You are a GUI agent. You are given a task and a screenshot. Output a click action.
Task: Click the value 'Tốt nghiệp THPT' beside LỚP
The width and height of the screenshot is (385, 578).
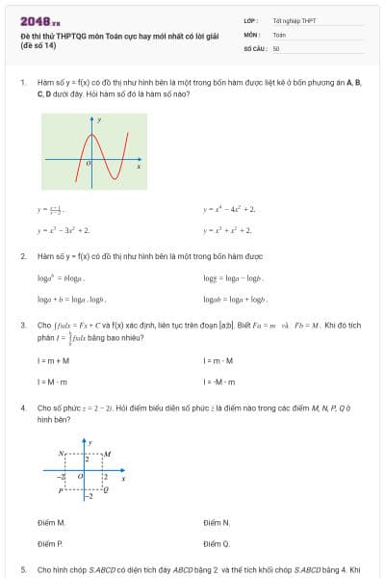tap(294, 20)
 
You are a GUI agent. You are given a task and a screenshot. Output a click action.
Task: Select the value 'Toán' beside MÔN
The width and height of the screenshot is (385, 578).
tap(279, 34)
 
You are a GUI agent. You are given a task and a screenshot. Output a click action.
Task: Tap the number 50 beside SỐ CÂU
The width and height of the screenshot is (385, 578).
tap(276, 47)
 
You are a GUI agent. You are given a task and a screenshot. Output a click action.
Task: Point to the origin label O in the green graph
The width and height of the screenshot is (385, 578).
tap(89, 164)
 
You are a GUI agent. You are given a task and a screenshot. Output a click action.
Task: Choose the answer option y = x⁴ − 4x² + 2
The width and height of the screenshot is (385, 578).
tap(229, 208)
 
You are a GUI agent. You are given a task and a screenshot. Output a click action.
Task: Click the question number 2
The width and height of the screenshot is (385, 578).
tap(23, 256)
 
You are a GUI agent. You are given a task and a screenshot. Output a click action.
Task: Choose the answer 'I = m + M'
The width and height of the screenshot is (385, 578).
tap(53, 360)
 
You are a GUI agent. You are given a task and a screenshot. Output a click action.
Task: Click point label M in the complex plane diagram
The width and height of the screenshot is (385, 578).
tap(108, 453)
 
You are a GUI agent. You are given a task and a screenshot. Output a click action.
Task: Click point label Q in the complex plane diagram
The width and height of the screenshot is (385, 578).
tap(107, 489)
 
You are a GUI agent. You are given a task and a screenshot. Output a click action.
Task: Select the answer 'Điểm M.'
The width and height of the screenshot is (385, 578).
tap(52, 522)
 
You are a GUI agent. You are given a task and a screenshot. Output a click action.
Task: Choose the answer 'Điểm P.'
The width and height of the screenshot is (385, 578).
tap(52, 544)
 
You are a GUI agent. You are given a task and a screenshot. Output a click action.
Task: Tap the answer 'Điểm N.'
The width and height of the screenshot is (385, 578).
tap(218, 522)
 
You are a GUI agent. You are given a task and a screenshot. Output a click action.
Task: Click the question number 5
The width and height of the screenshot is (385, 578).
tap(23, 569)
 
